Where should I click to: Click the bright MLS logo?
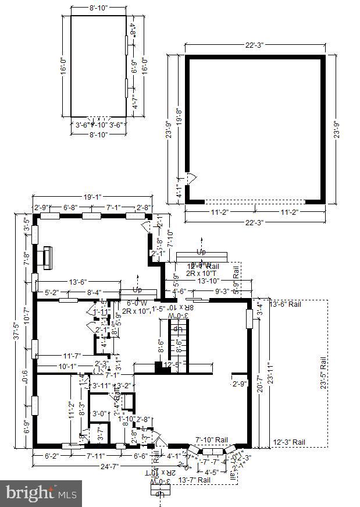click(x=41, y=494)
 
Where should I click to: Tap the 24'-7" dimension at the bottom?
click(x=92, y=466)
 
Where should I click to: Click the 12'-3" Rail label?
click(x=289, y=442)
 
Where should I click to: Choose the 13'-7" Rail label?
click(x=194, y=480)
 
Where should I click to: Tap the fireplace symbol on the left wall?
click(x=47, y=258)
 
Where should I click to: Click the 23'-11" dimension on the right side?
click(x=269, y=375)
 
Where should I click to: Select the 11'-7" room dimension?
click(x=75, y=355)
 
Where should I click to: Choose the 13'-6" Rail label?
click(x=286, y=304)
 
